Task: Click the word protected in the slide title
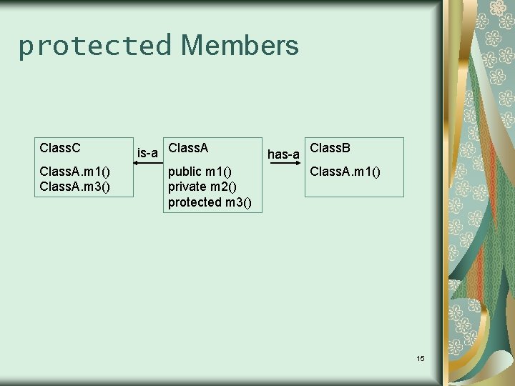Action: tap(95, 46)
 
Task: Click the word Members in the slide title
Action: tap(240, 46)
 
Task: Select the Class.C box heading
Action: tap(60, 148)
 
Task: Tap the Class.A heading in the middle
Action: tap(188, 148)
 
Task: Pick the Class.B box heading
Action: tap(330, 148)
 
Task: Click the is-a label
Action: tap(147, 152)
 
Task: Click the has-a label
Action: tap(283, 154)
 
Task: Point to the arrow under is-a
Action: tap(148, 164)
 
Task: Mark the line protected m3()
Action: tap(210, 202)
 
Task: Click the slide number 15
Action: tap(420, 357)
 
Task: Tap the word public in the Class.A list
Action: tap(185, 171)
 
